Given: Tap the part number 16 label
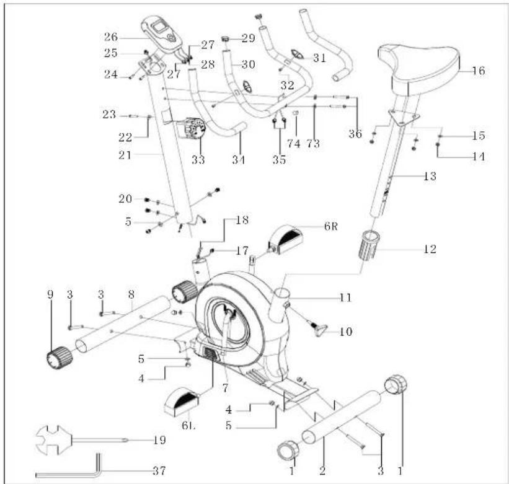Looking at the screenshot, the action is (479, 71).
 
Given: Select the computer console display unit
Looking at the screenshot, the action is (160, 33).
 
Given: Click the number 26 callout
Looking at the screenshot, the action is (111, 37).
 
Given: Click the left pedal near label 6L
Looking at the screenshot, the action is (181, 402).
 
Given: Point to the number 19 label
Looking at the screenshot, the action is (159, 440).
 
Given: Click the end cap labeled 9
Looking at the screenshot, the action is (60, 358).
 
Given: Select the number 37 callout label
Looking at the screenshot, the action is (159, 471).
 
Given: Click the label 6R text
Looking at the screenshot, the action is (331, 226).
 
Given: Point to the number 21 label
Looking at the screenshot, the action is (125, 155).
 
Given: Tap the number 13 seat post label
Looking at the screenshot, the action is (430, 176).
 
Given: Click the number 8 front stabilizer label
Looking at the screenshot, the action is (131, 294).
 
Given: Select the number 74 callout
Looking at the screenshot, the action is (294, 143).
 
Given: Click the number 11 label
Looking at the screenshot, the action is (345, 297).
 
